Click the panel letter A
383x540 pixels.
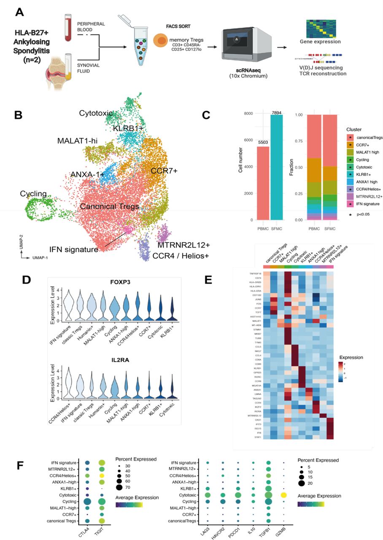pos(19,12)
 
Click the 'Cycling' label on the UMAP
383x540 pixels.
pos(33,194)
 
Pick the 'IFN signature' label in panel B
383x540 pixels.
pos(73,249)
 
